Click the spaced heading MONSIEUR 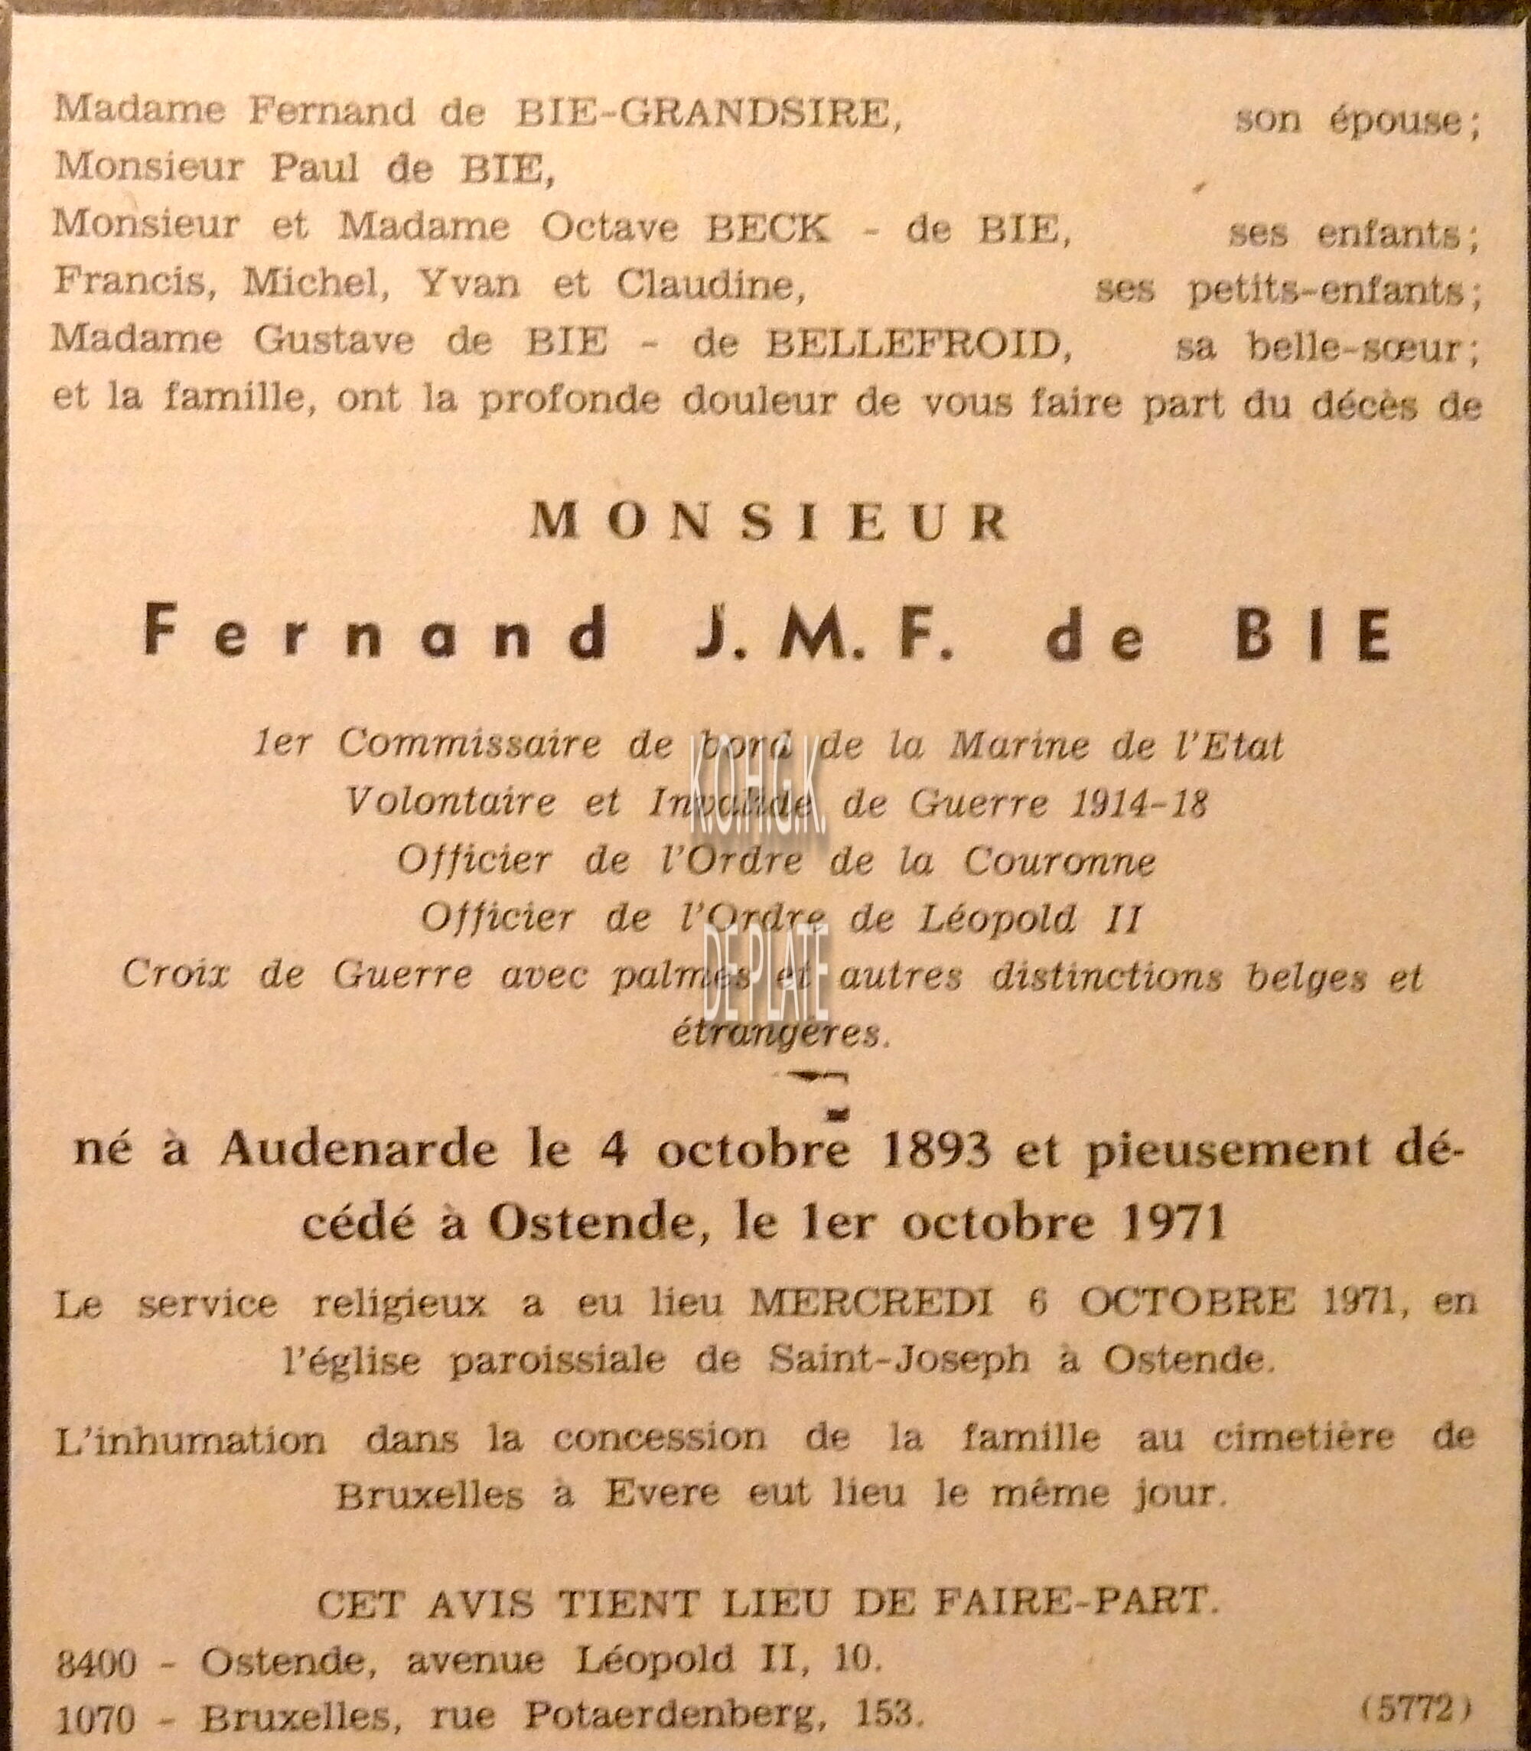pyautogui.click(x=769, y=522)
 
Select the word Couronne pyautogui.click(x=1060, y=861)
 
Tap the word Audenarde pyautogui.click(x=359, y=1151)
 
